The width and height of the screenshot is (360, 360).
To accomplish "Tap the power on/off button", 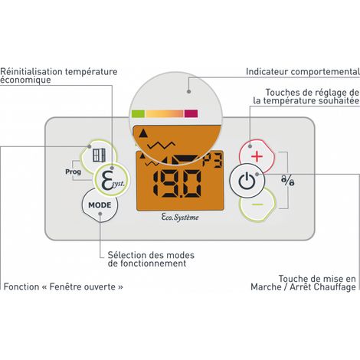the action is pyautogui.click(x=247, y=181).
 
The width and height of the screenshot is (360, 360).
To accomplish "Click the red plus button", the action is pyautogui.click(x=257, y=156).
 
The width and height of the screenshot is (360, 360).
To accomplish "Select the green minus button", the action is pyautogui.click(x=258, y=205).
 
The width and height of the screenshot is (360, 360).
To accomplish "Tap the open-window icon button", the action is pyautogui.click(x=99, y=155).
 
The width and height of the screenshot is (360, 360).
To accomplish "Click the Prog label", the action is pyautogui.click(x=73, y=172).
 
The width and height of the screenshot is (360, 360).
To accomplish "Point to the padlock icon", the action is pyautogui.click(x=287, y=180).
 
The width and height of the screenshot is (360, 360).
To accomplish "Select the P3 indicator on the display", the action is pyautogui.click(x=212, y=162).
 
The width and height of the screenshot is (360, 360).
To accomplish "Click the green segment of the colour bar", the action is pyautogui.click(x=138, y=113).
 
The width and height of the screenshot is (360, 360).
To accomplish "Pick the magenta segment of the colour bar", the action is pyautogui.click(x=191, y=113).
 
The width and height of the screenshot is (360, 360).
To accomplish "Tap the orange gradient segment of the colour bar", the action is pyautogui.click(x=165, y=113).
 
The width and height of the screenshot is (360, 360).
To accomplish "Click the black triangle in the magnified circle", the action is pyautogui.click(x=143, y=133).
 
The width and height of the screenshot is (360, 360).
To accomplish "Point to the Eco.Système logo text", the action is pyautogui.click(x=180, y=218).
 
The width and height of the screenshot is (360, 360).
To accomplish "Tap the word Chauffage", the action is pyautogui.click(x=335, y=287).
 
